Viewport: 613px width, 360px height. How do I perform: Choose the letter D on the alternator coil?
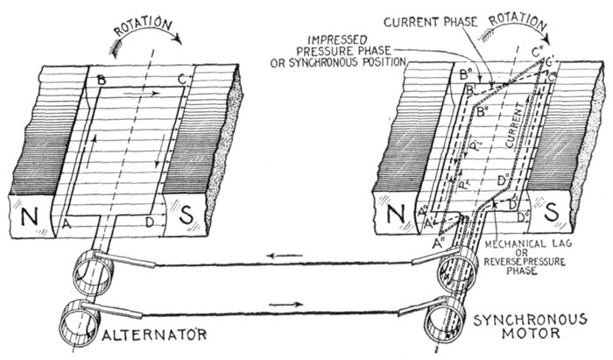click(150, 222)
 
